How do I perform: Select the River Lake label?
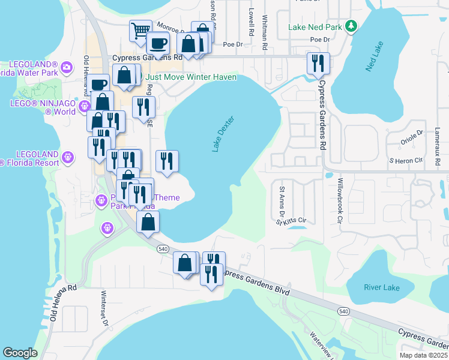381,287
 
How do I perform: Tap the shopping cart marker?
140,30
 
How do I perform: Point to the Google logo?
20,353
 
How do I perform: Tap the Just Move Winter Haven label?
191,77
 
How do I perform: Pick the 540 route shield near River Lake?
343,311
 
